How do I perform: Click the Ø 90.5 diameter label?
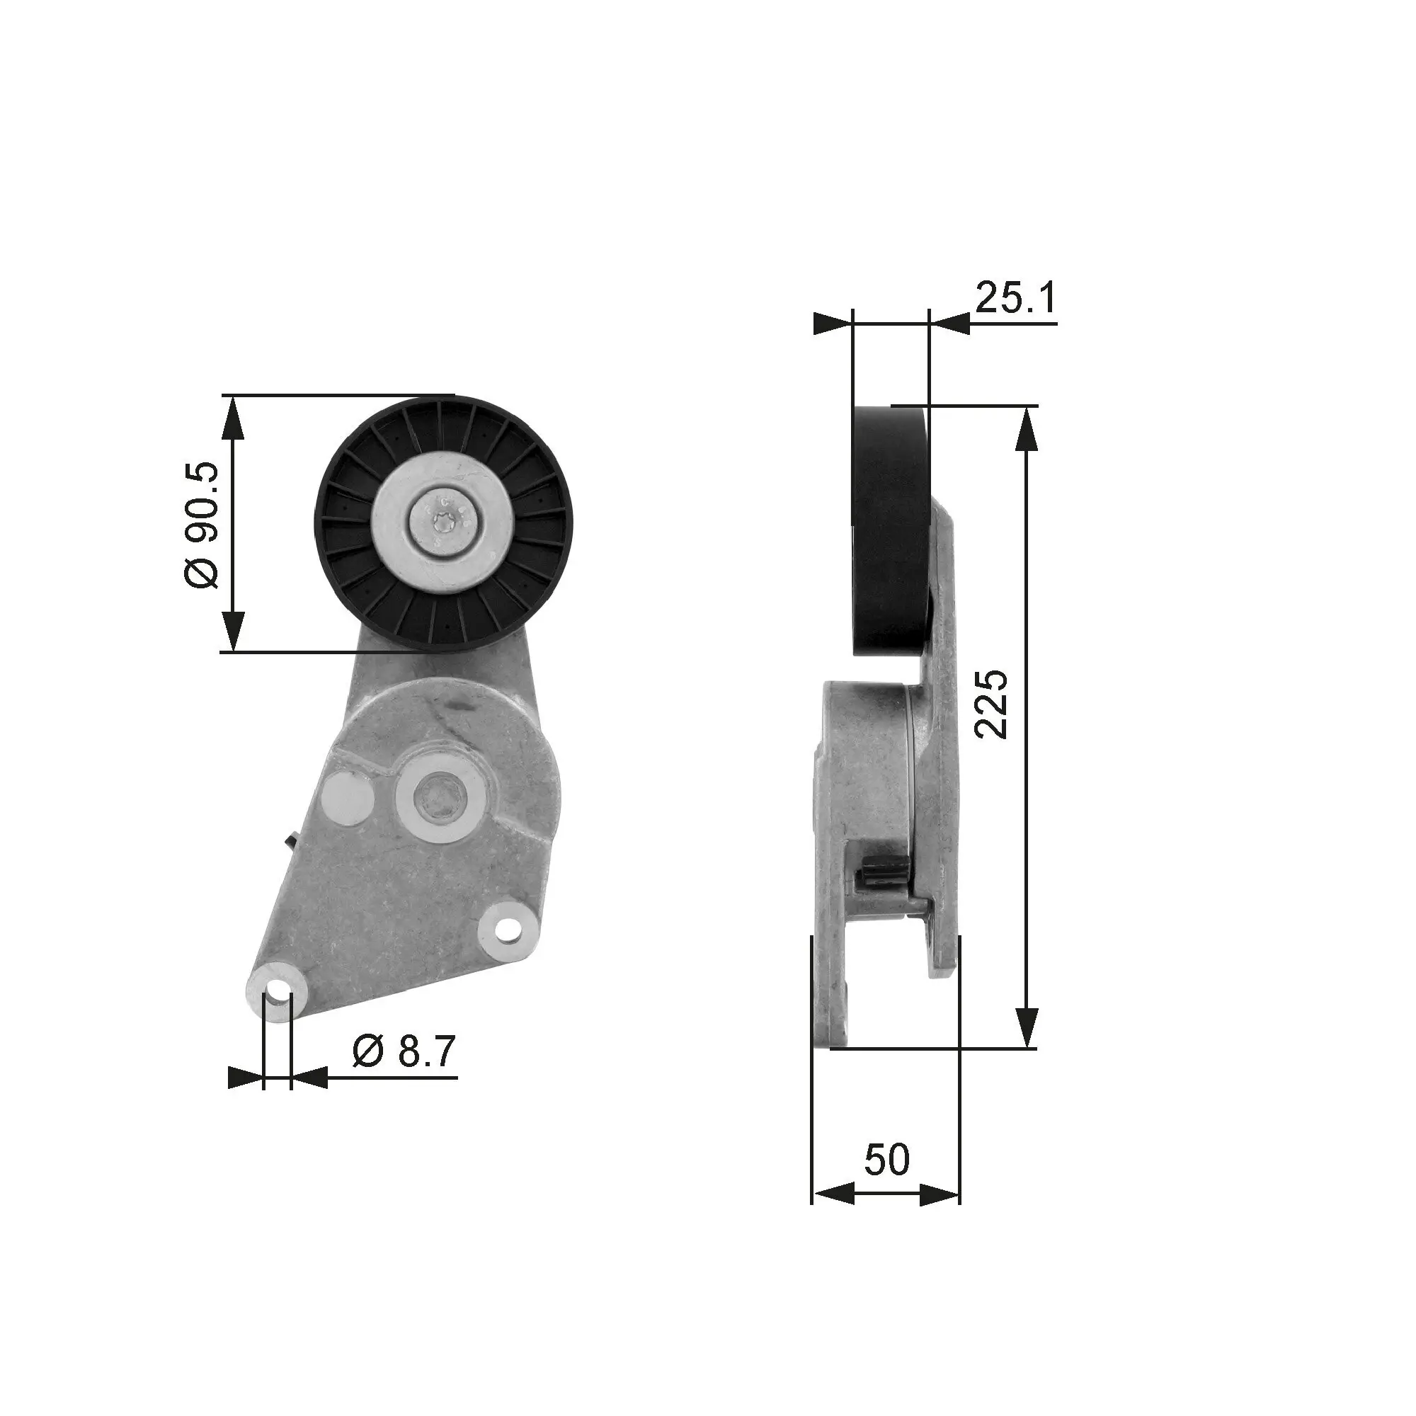[201, 524]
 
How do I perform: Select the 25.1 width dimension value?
[1015, 297]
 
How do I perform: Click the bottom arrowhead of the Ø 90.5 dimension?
[232, 631]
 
